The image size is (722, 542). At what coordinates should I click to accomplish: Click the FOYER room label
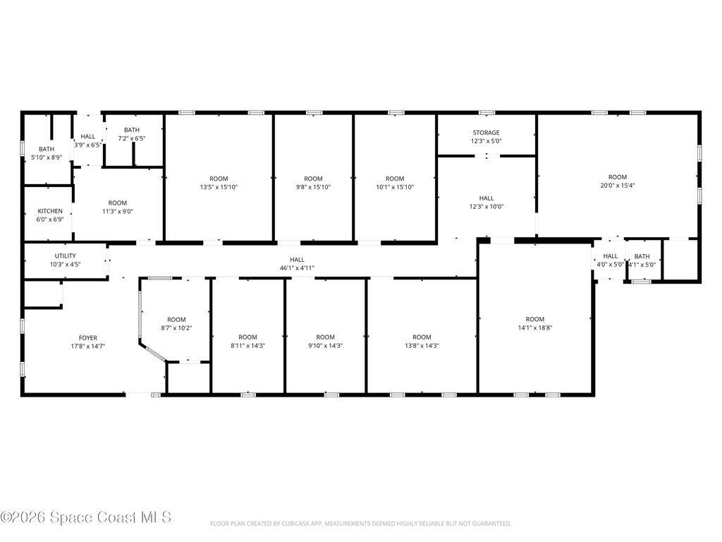pos(88,338)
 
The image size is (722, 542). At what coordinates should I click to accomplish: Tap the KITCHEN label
pos(50,211)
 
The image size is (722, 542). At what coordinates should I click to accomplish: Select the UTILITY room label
pos(66,255)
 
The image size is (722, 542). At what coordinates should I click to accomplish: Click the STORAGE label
pos(486,133)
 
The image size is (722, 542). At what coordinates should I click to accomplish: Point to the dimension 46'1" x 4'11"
pos(297,267)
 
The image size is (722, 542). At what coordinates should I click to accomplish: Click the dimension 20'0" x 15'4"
pos(618,186)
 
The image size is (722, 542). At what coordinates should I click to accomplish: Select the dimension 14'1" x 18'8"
pos(535,327)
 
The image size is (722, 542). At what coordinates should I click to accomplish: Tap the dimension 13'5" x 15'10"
pos(219,187)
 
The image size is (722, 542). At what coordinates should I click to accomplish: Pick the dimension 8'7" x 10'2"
pos(176,328)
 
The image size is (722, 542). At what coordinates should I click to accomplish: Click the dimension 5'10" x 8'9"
pos(47,157)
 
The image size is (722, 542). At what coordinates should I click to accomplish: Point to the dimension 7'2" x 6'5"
pos(132,138)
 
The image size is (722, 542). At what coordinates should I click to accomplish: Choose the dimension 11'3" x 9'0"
pos(118,212)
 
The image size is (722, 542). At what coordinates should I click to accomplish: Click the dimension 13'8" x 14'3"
pos(422,346)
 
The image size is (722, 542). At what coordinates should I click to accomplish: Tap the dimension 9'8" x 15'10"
pos(313,187)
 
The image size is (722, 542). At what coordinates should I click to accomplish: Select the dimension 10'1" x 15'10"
pos(395,187)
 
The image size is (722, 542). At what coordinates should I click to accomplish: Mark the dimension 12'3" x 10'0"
pos(487,207)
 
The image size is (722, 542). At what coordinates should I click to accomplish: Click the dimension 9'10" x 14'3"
pos(326,346)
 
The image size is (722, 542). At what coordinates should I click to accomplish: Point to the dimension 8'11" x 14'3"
pos(247,346)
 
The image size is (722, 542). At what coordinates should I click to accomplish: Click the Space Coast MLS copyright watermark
pos(86,517)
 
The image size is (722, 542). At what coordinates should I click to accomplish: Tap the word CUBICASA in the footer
pos(294,524)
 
